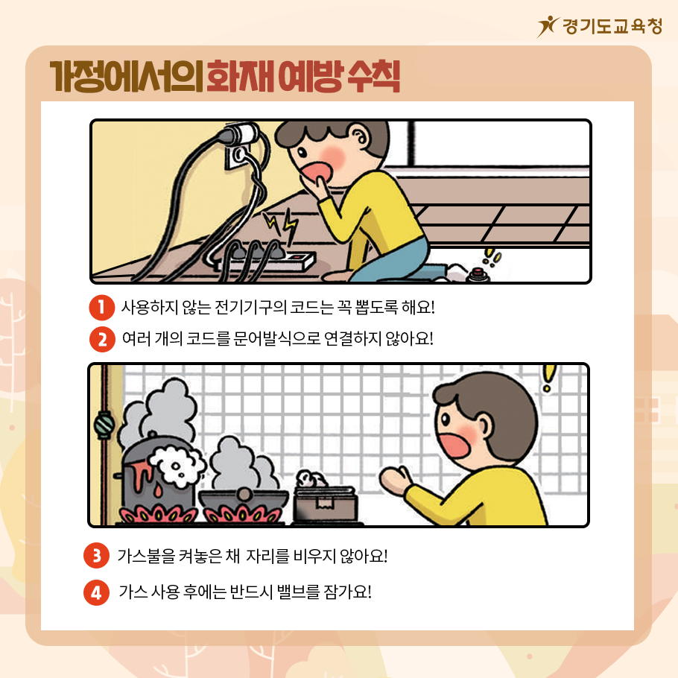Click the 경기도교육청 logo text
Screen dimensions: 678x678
tap(612, 27)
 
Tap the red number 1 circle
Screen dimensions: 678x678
tap(101, 308)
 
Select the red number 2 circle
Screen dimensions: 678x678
tap(102, 339)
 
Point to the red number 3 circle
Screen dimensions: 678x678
tap(96, 556)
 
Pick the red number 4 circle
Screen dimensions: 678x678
tap(96, 592)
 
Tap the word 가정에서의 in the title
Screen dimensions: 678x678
tap(126, 77)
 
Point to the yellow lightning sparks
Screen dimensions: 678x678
tap(281, 226)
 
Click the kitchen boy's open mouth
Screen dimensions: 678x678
tap(454, 446)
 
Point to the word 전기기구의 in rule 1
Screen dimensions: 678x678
tap(250, 308)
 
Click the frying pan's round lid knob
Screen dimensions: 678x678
tap(244, 494)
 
